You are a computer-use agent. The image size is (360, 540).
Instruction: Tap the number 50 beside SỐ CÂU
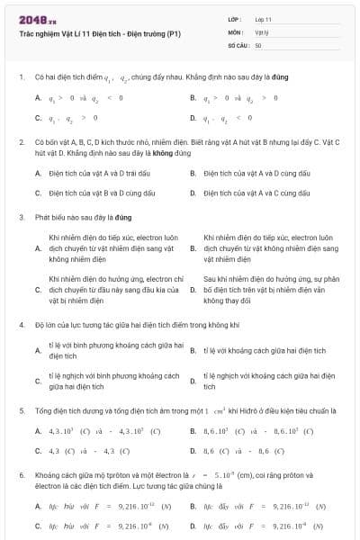pyautogui.click(x=258, y=43)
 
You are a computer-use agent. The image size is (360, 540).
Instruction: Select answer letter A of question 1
pyautogui.click(x=38, y=97)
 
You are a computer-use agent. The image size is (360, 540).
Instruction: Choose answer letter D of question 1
pyautogui.click(x=193, y=118)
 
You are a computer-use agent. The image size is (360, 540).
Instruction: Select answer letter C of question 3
pyautogui.click(x=38, y=290)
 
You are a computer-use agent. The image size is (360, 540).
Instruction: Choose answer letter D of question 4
pyautogui.click(x=193, y=382)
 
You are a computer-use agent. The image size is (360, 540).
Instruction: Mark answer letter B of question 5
pyautogui.click(x=193, y=431)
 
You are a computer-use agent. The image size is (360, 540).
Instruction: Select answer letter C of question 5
pyautogui.click(x=38, y=450)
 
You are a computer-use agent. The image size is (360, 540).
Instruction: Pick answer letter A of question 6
pyautogui.click(x=38, y=506)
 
